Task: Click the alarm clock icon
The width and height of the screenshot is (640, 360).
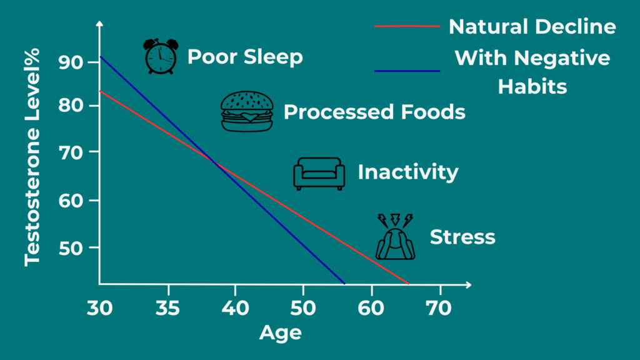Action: pyautogui.click(x=160, y=56)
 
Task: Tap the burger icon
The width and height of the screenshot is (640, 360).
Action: pyautogui.click(x=247, y=111)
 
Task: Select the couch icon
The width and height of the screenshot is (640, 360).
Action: pyautogui.click(x=319, y=173)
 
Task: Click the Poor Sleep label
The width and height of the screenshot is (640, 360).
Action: pyautogui.click(x=245, y=57)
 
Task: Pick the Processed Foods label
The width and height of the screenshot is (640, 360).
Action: pyautogui.click(x=374, y=112)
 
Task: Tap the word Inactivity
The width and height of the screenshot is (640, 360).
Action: pyautogui.click(x=407, y=172)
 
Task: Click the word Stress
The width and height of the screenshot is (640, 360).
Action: pyautogui.click(x=462, y=237)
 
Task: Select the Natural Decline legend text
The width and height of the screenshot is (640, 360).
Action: pyautogui.click(x=532, y=27)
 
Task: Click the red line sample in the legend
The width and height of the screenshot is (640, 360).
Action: pyautogui.click(x=407, y=27)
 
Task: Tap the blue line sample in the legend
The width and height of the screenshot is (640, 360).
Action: pyautogui.click(x=407, y=71)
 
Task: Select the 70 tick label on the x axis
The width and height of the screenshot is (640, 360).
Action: pyautogui.click(x=440, y=308)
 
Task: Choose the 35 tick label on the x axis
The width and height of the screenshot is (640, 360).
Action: pyautogui.click(x=168, y=308)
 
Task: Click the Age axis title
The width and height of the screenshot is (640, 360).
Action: pyautogui.click(x=280, y=332)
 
